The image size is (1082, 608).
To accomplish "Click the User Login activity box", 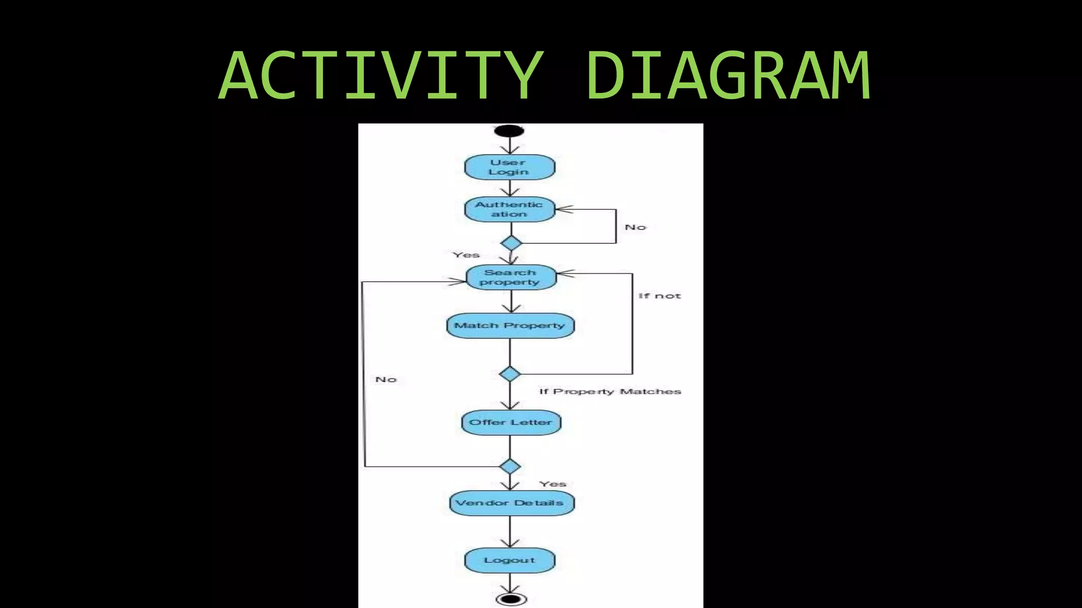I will click(509, 167).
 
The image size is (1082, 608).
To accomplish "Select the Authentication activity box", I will click(509, 210).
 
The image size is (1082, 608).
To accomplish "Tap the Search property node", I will click(511, 277).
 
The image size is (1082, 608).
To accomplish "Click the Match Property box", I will click(510, 325).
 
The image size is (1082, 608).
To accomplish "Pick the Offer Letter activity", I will click(510, 422).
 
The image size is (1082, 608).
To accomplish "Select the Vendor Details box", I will click(511, 502).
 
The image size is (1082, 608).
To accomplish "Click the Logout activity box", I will click(509, 560).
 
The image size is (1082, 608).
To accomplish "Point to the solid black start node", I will click(509, 130).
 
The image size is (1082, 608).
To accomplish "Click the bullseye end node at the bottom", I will click(511, 599).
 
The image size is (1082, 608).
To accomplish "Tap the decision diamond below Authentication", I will click(511, 243).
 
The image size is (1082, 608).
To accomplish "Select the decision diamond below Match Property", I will click(510, 374).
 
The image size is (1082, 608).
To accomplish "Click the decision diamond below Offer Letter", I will click(510, 467).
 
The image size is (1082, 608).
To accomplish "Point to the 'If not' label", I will click(659, 296).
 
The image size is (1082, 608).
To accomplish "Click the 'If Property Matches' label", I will click(610, 392).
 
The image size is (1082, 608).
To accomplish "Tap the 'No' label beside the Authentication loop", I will click(635, 227).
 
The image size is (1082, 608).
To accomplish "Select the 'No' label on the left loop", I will click(386, 379).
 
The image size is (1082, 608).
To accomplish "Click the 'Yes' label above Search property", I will click(466, 255).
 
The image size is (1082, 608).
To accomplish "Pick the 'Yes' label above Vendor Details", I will click(553, 484).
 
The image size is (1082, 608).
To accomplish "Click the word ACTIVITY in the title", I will click(381, 75).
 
